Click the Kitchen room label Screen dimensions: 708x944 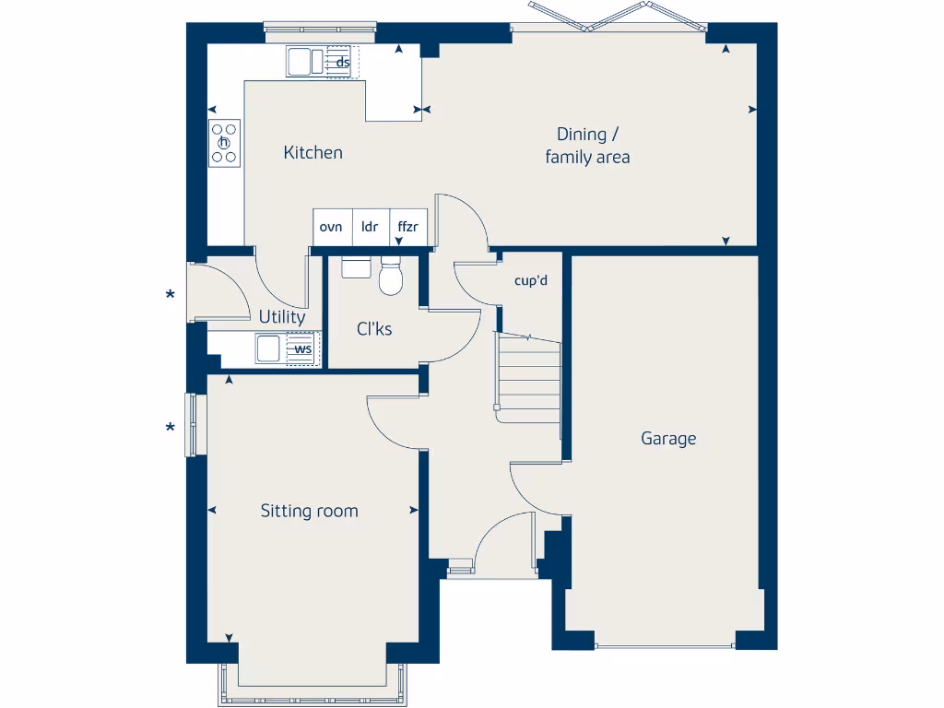(313, 153)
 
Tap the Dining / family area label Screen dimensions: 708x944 (587, 146)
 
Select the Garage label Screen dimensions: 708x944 (668, 439)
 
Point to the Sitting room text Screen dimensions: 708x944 (309, 511)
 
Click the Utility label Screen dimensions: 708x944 (281, 317)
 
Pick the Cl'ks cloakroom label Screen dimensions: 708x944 (374, 328)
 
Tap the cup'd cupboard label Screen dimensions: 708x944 (531, 280)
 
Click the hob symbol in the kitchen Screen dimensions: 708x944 (224, 143)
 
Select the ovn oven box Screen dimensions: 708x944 (331, 227)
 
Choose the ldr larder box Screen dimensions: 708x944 (370, 227)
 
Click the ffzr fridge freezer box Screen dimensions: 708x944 (407, 227)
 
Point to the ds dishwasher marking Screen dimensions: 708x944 (341, 63)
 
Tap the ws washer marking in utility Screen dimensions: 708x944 (302, 349)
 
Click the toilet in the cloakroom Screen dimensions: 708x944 (391, 277)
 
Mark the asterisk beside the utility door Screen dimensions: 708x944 (170, 296)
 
